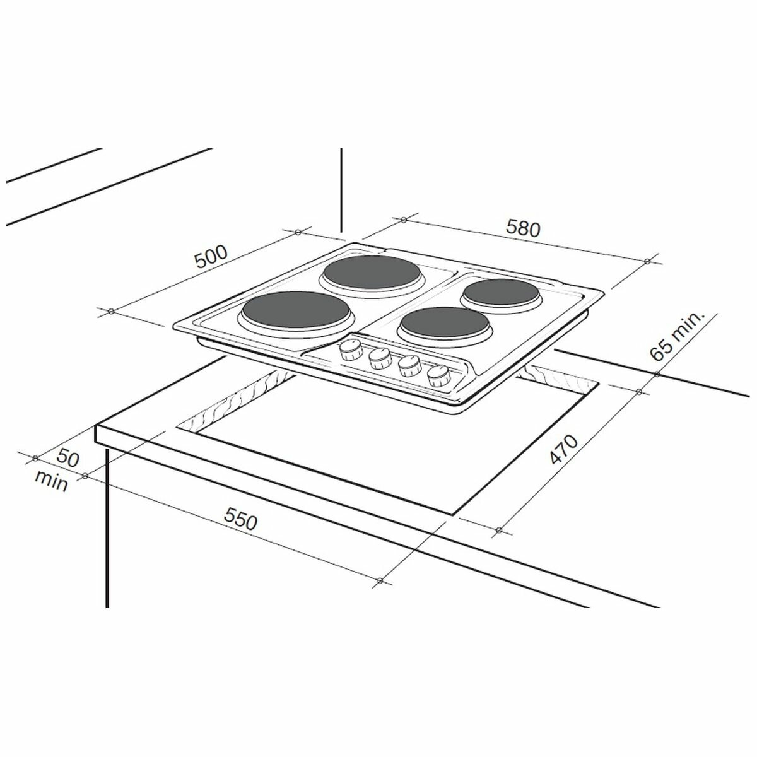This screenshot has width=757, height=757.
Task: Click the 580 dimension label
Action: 524,228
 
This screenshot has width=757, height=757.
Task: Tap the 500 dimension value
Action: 209,258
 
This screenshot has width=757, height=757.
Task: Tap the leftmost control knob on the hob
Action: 350,351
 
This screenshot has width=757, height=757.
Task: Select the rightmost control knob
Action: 438,377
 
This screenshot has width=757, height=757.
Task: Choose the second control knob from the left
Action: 380,359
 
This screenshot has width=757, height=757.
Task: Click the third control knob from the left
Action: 409,367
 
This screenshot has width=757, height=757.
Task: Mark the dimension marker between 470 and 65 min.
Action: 638,392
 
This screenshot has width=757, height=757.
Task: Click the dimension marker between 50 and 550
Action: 84,477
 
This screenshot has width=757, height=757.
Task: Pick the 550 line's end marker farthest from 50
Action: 379,580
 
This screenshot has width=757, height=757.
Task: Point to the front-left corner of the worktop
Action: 97,428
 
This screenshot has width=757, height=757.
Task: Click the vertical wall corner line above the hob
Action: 341,189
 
